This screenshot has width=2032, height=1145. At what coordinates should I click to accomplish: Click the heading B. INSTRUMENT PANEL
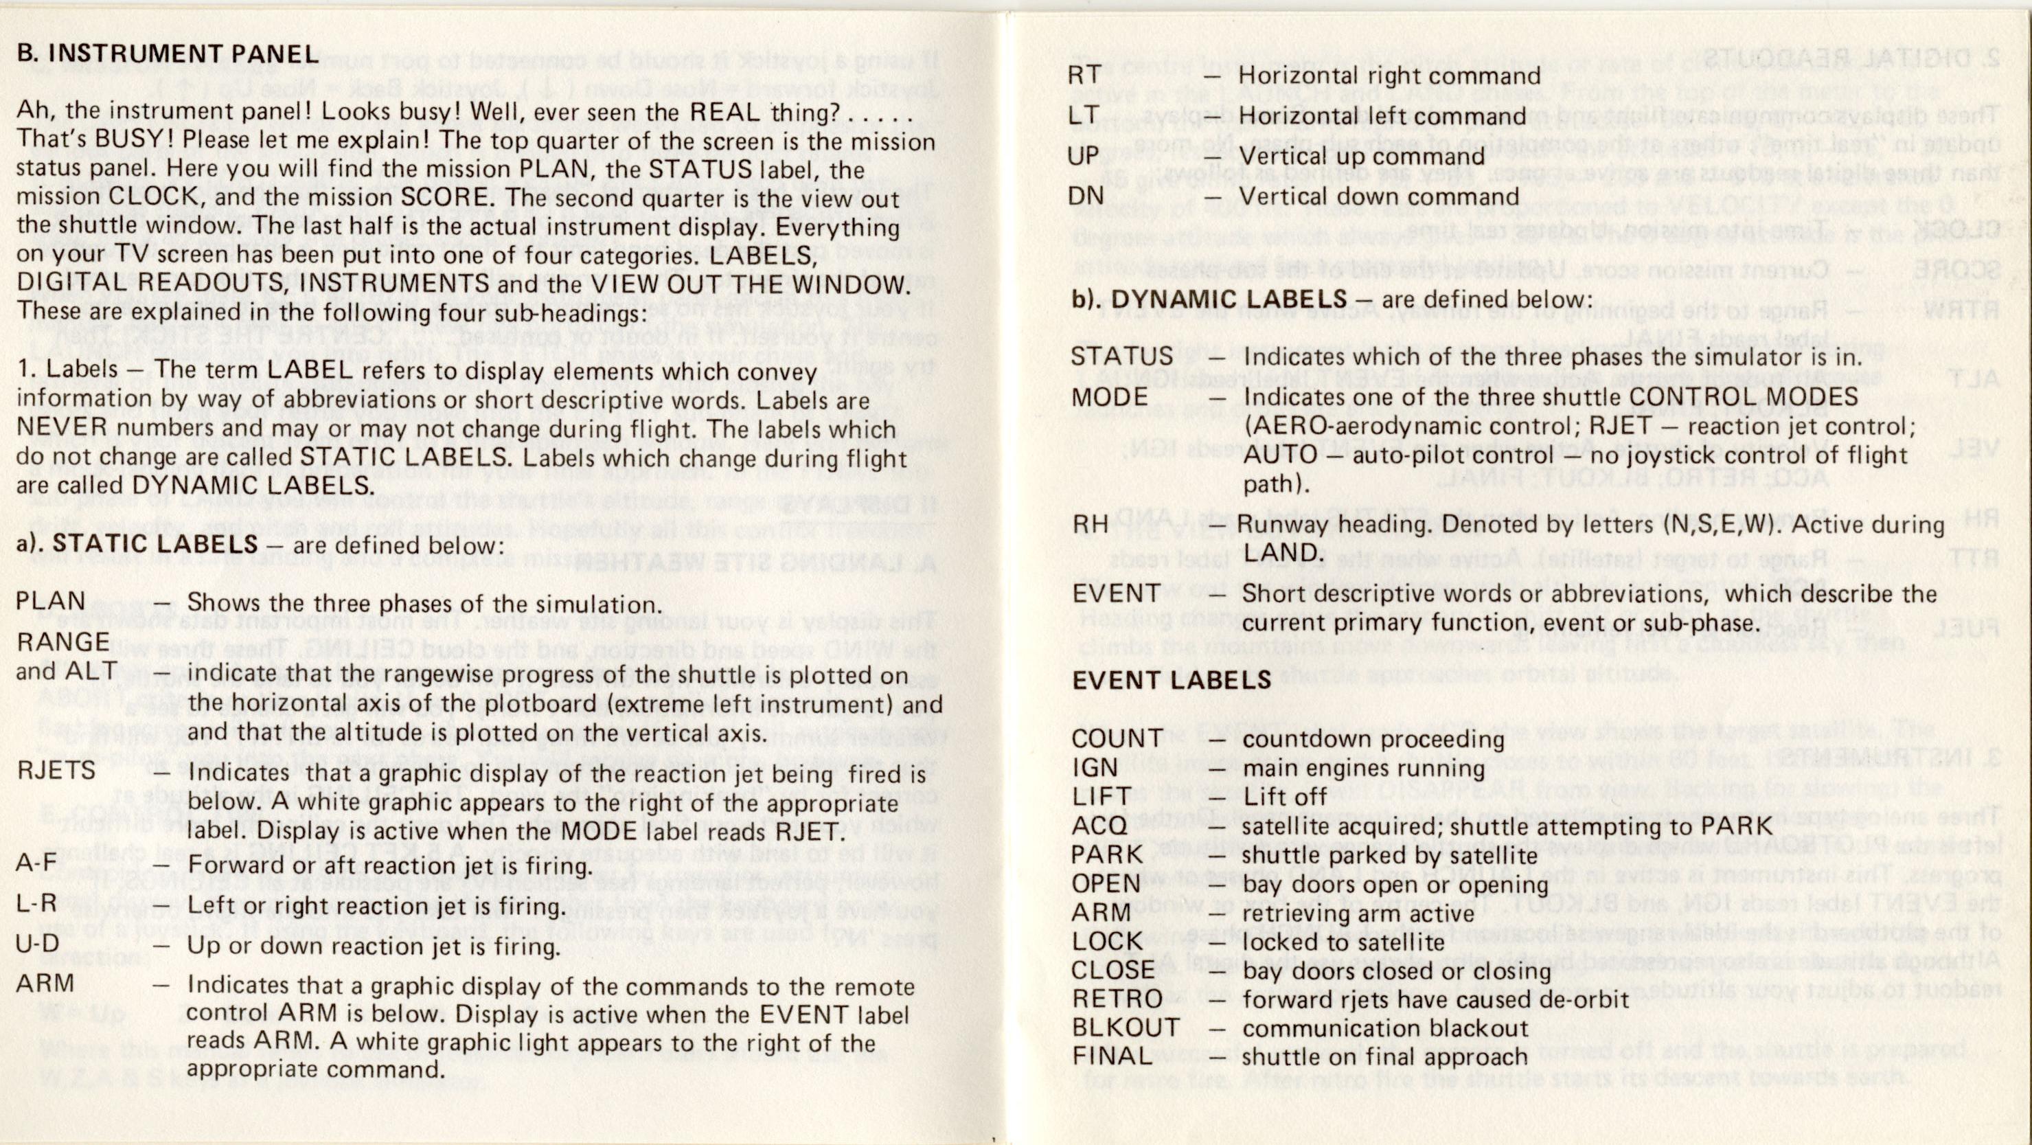[168, 53]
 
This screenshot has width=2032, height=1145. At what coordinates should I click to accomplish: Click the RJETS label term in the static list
[56, 769]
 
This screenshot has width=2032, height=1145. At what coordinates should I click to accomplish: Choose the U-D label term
[38, 944]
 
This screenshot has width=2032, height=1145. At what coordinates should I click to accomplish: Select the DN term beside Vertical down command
[1086, 195]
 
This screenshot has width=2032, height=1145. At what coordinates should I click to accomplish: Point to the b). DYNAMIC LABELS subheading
[1209, 299]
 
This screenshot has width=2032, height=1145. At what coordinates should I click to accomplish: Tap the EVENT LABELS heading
[1171, 680]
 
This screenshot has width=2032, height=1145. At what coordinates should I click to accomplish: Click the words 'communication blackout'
[1384, 1028]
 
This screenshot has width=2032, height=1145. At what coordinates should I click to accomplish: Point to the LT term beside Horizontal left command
[1084, 115]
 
